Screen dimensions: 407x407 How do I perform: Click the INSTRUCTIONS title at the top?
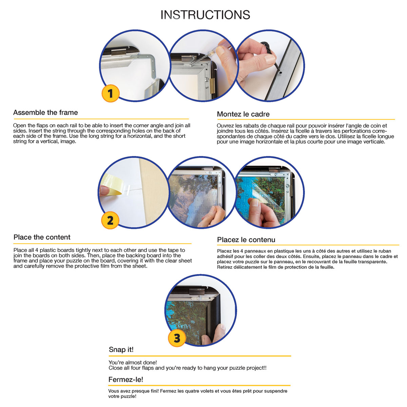click(x=205, y=15)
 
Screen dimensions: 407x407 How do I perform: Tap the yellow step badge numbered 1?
click(x=111, y=93)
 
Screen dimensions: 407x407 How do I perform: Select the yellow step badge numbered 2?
click(x=110, y=220)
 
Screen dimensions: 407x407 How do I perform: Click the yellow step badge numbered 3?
click(x=177, y=338)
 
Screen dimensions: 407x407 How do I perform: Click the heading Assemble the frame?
click(x=45, y=113)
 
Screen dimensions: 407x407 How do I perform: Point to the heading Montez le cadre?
click(x=243, y=114)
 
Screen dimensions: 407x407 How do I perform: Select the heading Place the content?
click(x=42, y=237)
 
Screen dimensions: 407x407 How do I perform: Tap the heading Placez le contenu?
click(x=246, y=240)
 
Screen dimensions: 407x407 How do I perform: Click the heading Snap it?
click(x=121, y=350)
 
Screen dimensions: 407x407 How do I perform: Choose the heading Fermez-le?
click(x=126, y=380)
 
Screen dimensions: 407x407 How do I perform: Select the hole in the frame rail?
click(x=280, y=73)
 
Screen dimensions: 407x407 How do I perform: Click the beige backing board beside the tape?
click(x=153, y=192)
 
